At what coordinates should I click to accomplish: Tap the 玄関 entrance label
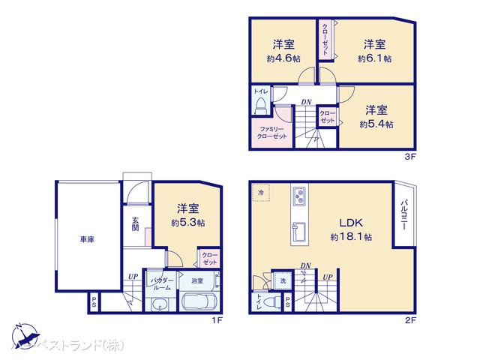136,223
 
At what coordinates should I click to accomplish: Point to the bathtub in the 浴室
200,304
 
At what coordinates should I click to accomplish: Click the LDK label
351,223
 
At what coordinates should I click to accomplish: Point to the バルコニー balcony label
403,214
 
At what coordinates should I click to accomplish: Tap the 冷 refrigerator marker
261,192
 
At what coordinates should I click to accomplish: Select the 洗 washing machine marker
283,280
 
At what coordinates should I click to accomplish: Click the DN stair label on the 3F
306,101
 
